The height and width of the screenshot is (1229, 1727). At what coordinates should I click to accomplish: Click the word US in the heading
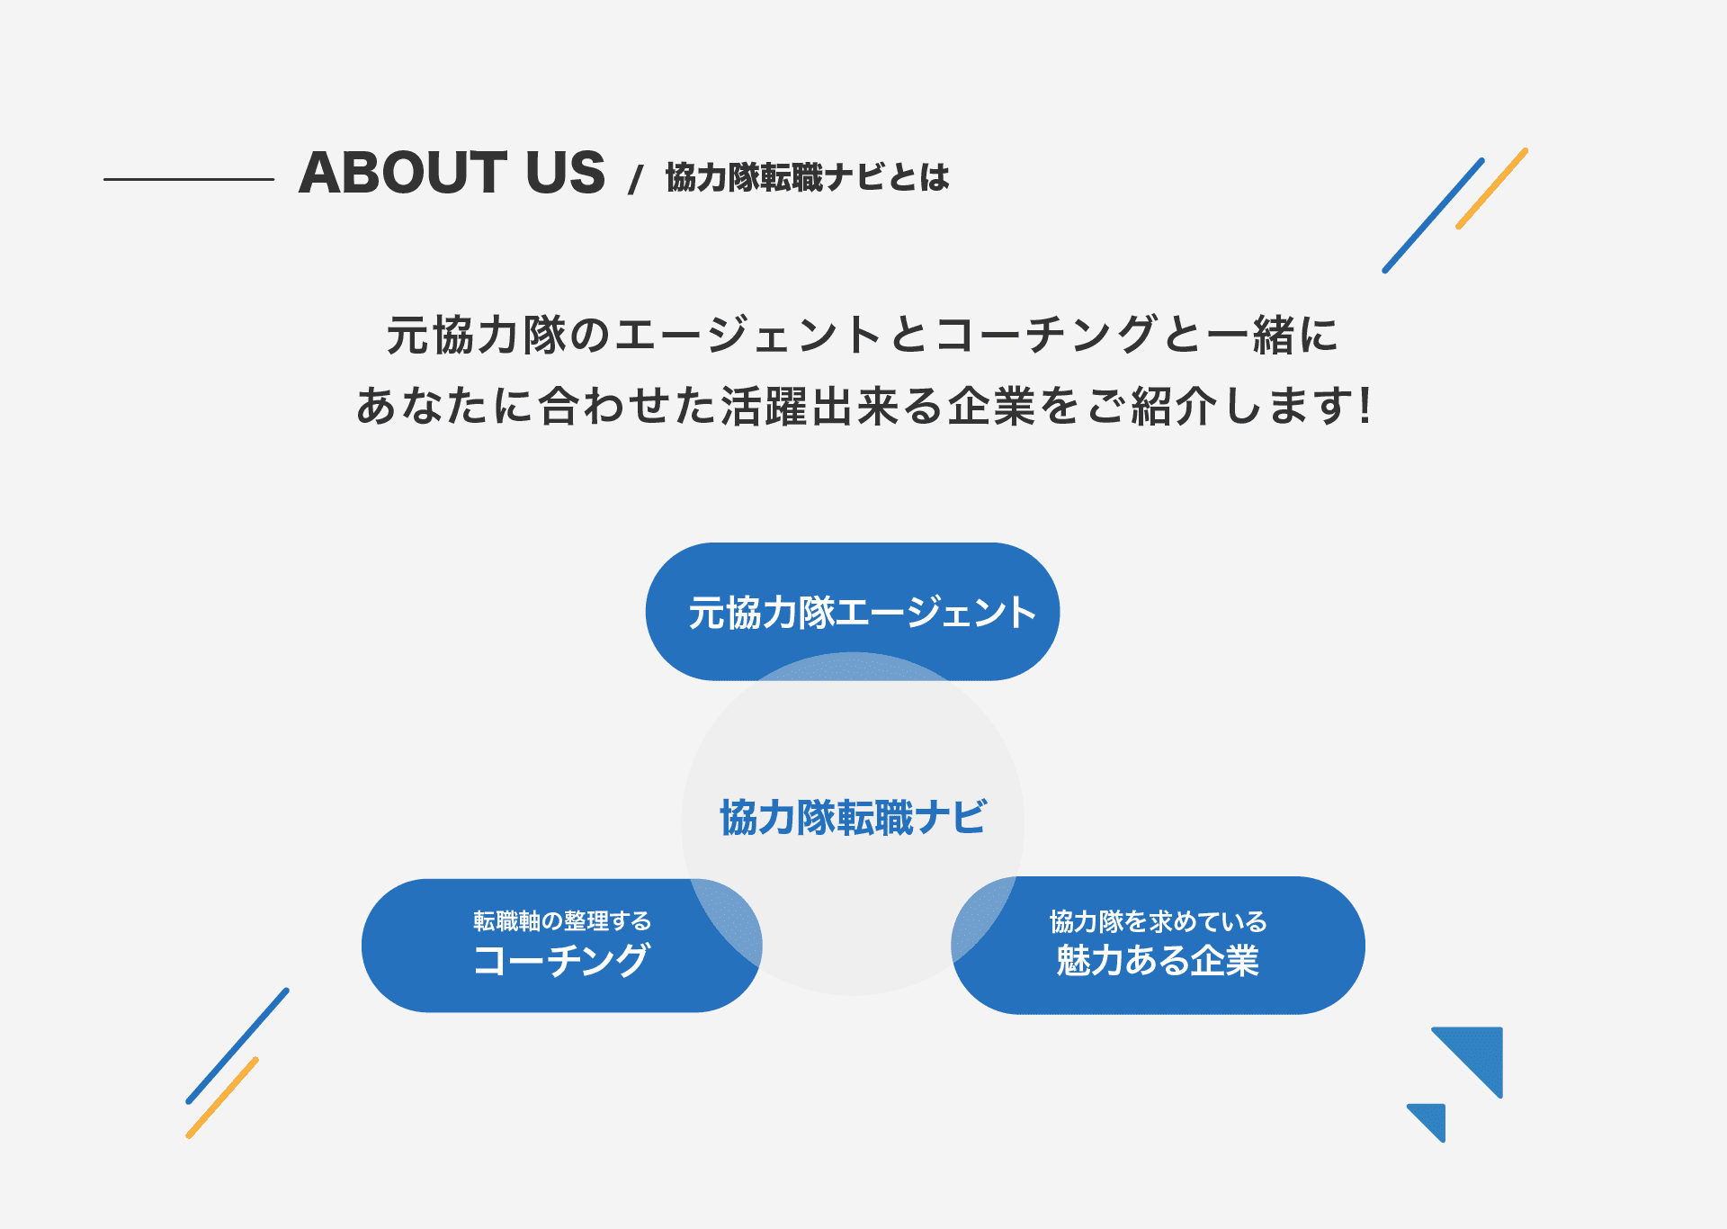[565, 173]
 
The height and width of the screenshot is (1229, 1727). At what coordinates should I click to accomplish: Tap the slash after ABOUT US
[636, 179]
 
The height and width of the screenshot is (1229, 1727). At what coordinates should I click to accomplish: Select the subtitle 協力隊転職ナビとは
[808, 177]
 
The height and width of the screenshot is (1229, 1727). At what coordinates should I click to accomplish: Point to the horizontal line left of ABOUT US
[189, 179]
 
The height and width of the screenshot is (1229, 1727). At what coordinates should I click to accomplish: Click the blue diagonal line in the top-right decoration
[1433, 215]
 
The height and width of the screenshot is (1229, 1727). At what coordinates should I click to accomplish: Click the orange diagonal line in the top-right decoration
[1491, 188]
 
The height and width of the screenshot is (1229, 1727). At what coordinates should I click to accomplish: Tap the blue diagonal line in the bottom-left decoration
[237, 1045]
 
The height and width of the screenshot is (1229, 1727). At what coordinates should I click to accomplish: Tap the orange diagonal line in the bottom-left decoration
[222, 1098]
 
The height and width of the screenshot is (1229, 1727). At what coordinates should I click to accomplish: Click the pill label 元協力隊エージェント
[862, 613]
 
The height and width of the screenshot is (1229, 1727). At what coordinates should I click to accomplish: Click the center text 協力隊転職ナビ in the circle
[853, 818]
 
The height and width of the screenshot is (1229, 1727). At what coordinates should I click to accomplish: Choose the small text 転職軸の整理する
[562, 920]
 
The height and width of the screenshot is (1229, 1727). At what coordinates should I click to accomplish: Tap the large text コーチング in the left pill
[561, 960]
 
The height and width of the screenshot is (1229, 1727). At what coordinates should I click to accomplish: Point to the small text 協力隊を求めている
[1159, 921]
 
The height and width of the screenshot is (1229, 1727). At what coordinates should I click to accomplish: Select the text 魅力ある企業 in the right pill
[1158, 961]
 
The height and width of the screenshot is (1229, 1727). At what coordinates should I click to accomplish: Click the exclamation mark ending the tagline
[1365, 405]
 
